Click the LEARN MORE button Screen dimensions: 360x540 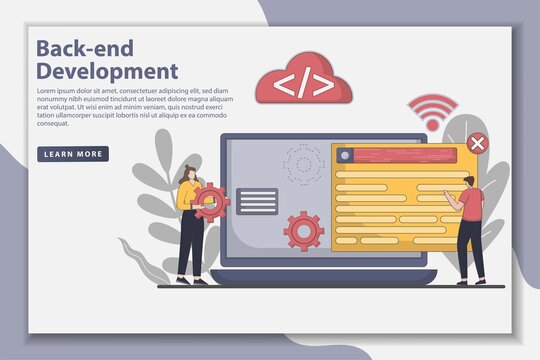pyautogui.click(x=73, y=154)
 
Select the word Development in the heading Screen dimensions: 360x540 pyautogui.click(x=107, y=71)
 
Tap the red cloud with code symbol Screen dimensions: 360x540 pyautogui.click(x=304, y=85)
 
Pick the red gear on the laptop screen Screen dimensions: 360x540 pyautogui.click(x=303, y=230)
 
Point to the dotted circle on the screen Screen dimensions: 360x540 pyautogui.click(x=303, y=162)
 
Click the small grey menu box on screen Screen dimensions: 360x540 pyautogui.click(x=258, y=201)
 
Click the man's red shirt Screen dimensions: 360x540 pyautogui.click(x=471, y=207)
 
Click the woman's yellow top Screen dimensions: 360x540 pyautogui.click(x=187, y=199)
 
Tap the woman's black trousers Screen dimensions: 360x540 pyautogui.click(x=188, y=246)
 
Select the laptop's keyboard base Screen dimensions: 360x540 pyautogui.click(x=321, y=277)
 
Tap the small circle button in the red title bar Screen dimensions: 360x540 pyautogui.click(x=345, y=155)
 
